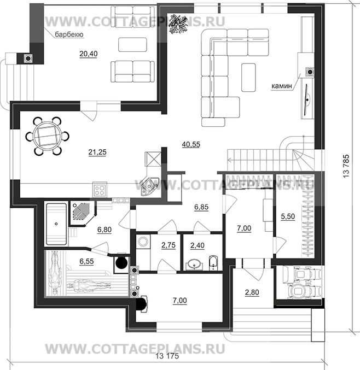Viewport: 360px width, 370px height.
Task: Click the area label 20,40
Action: pyautogui.click(x=88, y=54)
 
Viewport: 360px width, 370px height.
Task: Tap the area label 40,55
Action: pyautogui.click(x=191, y=144)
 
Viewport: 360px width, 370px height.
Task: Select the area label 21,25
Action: pyautogui.click(x=97, y=152)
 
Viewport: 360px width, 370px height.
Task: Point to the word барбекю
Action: pyautogui.click(x=69, y=34)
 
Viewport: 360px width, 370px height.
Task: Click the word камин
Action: pyautogui.click(x=282, y=86)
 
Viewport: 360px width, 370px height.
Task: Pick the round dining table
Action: pyautogui.click(x=47, y=137)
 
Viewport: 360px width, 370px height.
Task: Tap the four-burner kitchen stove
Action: pyautogui.click(x=100, y=189)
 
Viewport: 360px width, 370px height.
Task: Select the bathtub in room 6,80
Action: pyautogui.click(x=56, y=224)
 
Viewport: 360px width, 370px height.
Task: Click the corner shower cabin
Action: pyautogui.click(x=83, y=213)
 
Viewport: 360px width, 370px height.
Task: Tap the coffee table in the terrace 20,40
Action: pyautogui.click(x=132, y=44)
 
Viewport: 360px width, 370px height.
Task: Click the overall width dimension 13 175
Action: pyautogui.click(x=167, y=356)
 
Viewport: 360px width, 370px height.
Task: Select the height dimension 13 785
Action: pyautogui.click(x=346, y=166)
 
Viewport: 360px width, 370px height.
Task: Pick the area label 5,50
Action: pyautogui.click(x=288, y=216)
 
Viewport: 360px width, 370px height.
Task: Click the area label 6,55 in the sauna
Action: pyautogui.click(x=86, y=261)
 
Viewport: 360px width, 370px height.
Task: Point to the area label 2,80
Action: pyautogui.click(x=252, y=292)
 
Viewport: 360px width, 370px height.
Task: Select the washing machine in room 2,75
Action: pyautogui.click(x=143, y=242)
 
